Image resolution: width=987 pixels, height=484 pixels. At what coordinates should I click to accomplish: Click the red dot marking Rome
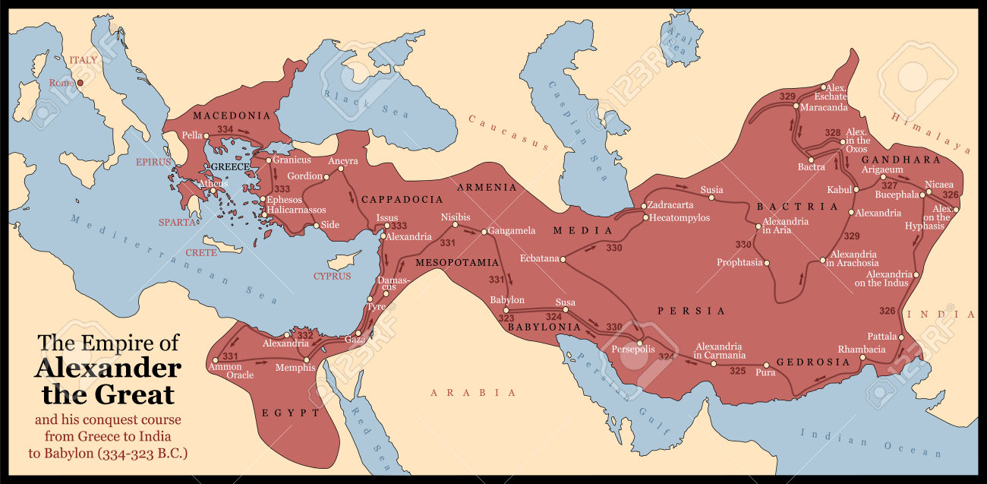point(80,82)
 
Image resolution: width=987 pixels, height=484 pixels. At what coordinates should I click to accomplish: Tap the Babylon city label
point(507,300)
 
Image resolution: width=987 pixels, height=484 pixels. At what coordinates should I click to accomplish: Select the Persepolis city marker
point(642,341)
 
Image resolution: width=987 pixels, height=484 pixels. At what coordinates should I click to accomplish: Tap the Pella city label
point(191,135)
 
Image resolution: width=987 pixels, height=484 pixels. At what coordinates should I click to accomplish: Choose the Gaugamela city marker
point(484,231)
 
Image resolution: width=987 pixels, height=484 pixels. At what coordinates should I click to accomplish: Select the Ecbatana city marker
point(563,258)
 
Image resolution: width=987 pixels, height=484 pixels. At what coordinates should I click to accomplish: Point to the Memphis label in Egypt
point(296,368)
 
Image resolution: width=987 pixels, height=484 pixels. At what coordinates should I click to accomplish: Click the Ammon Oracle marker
point(216,360)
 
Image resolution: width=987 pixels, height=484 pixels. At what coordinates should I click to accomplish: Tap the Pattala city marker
point(902,337)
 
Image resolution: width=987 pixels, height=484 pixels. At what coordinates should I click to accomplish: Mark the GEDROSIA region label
point(814,362)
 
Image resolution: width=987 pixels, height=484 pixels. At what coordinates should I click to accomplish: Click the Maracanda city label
point(823,107)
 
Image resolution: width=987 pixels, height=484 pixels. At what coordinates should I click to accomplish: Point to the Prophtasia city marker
point(767,263)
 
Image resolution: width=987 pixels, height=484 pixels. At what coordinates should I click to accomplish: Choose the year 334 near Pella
point(225,130)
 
